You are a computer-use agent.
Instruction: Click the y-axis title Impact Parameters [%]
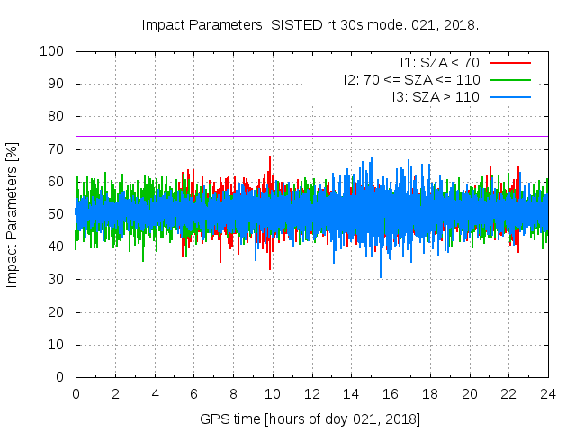click(x=13, y=214)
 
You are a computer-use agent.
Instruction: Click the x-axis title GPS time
click(x=310, y=419)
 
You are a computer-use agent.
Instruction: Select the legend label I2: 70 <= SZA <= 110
click(x=411, y=79)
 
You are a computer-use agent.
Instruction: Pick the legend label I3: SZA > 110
click(x=436, y=96)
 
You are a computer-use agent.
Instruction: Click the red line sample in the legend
click(x=508, y=63)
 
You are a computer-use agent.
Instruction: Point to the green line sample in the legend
click(x=508, y=79)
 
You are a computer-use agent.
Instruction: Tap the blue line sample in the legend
click(x=508, y=96)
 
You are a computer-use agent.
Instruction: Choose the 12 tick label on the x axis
click(x=311, y=393)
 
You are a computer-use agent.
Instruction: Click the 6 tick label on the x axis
click(x=193, y=393)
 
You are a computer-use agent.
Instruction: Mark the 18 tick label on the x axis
click(x=430, y=393)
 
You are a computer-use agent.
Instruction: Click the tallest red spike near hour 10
click(x=270, y=157)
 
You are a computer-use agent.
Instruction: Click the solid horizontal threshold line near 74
click(x=311, y=136)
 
